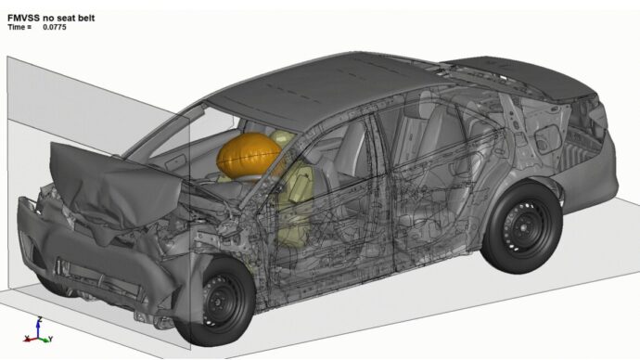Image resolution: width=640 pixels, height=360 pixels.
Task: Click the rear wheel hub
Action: click(x=522, y=226)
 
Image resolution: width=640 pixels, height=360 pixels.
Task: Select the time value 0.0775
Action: click(x=54, y=27)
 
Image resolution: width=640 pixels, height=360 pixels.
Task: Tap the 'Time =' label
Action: click(x=19, y=27)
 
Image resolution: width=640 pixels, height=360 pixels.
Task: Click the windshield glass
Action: click(x=199, y=139)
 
